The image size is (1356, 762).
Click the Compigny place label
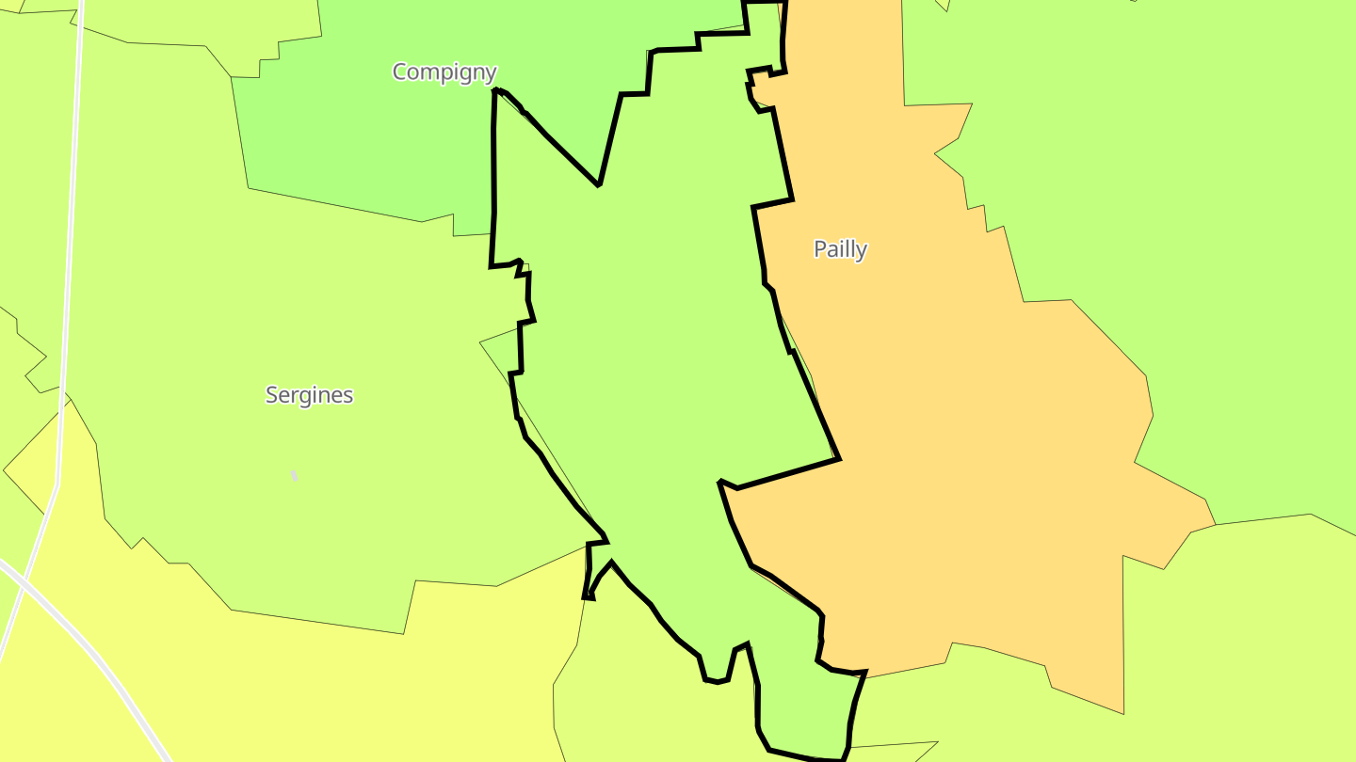[x=444, y=71]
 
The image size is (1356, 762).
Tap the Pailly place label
[x=840, y=249]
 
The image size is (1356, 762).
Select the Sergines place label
[x=309, y=395]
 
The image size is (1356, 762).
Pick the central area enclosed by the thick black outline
[x=640, y=357]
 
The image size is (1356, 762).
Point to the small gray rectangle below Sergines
[x=294, y=476]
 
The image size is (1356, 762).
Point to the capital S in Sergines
[x=272, y=395]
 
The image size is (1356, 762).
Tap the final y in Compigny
[x=490, y=73]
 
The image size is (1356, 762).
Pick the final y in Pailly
[x=862, y=251]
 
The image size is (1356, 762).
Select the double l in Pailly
[x=847, y=249]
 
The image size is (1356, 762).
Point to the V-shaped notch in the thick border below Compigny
[x=598, y=183]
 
